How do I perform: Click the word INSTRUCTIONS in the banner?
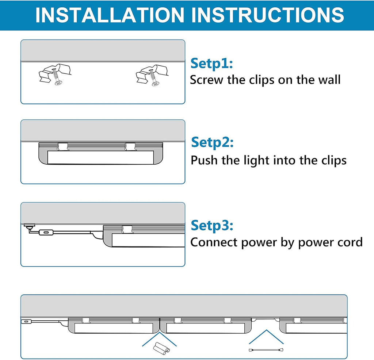[268, 15]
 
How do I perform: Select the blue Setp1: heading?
[211, 64]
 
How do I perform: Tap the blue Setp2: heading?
[212, 142]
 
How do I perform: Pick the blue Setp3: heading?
[212, 225]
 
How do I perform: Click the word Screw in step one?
[206, 80]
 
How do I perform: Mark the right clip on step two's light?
[130, 147]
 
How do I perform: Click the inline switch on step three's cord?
[46, 232]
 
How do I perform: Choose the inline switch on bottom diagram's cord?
[26, 322]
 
